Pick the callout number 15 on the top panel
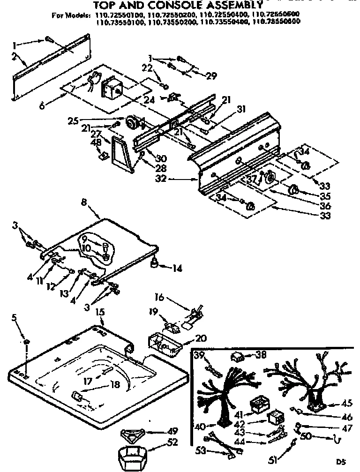100,312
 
